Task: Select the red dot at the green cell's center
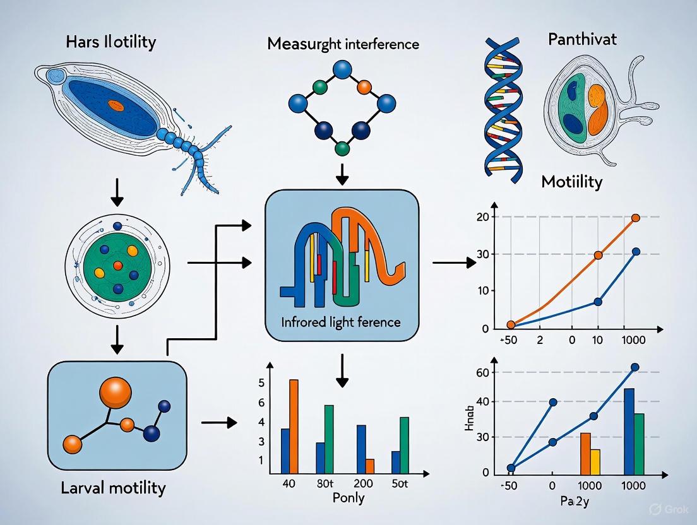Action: (117, 266)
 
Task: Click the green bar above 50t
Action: (405, 445)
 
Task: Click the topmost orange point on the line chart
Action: (635, 218)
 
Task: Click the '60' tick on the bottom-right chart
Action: (482, 373)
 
